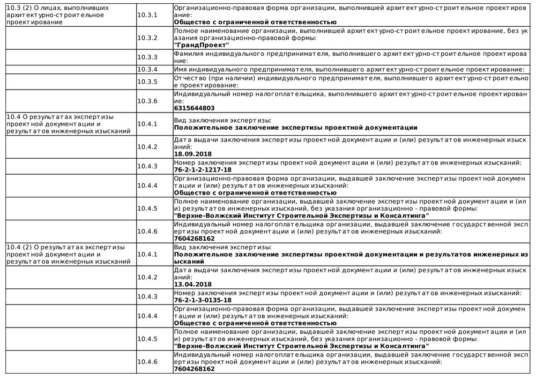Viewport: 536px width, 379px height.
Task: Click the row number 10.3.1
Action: pyautogui.click(x=147, y=15)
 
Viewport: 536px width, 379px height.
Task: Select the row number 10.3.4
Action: pyautogui.click(x=147, y=69)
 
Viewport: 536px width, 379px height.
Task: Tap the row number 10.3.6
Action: pyautogui.click(x=147, y=101)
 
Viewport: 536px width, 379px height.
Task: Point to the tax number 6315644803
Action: pyautogui.click(x=194, y=108)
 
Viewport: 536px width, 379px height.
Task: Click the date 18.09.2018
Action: pyautogui.click(x=193, y=154)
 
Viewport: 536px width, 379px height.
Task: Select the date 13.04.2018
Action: pyautogui.click(x=193, y=284)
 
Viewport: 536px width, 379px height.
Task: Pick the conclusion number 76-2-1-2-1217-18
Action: pyautogui.click(x=203, y=169)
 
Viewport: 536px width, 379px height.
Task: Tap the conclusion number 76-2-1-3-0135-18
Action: pyautogui.click(x=203, y=300)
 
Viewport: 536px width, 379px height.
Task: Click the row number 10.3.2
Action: pyautogui.click(x=147, y=38)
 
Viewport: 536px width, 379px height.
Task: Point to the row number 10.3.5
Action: pyautogui.click(x=147, y=81)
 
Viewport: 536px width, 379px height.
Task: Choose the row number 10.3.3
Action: pyautogui.click(x=147, y=57)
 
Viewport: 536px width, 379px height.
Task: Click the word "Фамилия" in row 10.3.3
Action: pyautogui.click(x=188, y=54)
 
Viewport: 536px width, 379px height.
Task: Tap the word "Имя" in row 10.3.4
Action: pyautogui.click(x=181, y=69)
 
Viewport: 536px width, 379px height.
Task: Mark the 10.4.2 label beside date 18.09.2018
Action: pyautogui.click(x=147, y=147)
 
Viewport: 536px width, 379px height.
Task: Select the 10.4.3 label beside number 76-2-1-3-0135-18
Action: pyautogui.click(x=147, y=296)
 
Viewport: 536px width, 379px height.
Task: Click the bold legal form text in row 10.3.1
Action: pyautogui.click(x=255, y=22)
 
